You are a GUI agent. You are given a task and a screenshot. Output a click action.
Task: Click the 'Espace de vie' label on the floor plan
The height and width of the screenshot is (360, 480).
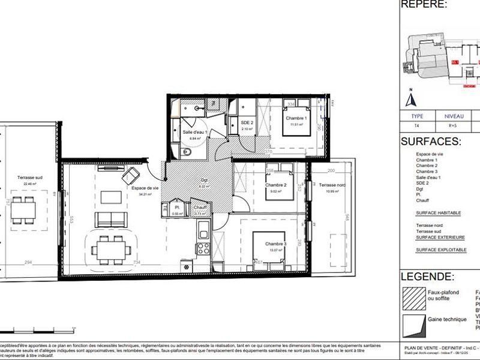[x=145, y=188]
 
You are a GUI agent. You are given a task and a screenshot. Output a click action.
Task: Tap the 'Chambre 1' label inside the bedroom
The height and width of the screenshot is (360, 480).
[x=296, y=118]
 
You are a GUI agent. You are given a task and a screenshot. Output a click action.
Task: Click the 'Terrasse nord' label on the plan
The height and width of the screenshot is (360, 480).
[x=331, y=185]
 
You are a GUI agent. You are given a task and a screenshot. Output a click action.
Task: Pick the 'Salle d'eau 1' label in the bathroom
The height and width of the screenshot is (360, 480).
[x=195, y=132]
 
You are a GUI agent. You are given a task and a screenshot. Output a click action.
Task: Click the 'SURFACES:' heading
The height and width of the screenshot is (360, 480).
[x=430, y=142]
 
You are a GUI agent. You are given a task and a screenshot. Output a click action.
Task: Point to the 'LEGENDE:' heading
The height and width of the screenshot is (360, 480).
[x=427, y=277]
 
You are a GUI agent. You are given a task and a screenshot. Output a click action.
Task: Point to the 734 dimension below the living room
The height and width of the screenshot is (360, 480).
[x=136, y=263]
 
